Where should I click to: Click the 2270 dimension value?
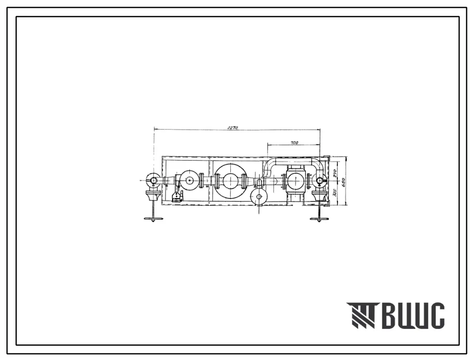click(x=232, y=128)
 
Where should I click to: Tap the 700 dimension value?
click(x=294, y=143)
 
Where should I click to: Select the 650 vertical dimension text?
click(x=342, y=181)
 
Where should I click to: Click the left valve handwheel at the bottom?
click(x=153, y=218)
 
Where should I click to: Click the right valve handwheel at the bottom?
click(x=319, y=218)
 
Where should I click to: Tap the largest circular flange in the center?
click(x=230, y=181)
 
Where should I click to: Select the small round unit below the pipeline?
click(x=259, y=198)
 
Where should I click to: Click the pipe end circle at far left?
click(x=153, y=181)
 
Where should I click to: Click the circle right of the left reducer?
click(x=189, y=181)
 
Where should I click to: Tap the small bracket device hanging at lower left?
click(x=177, y=196)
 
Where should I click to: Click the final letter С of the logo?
click(x=436, y=316)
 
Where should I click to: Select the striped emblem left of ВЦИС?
click(x=360, y=316)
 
